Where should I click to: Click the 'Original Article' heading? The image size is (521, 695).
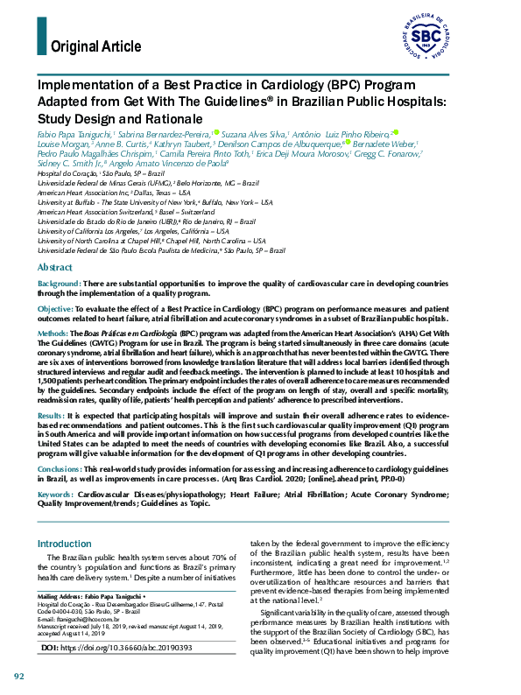(96, 46)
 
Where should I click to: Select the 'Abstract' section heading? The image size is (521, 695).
(54, 267)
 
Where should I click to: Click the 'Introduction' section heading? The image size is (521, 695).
(64, 544)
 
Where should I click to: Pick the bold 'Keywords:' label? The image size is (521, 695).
(55, 494)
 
